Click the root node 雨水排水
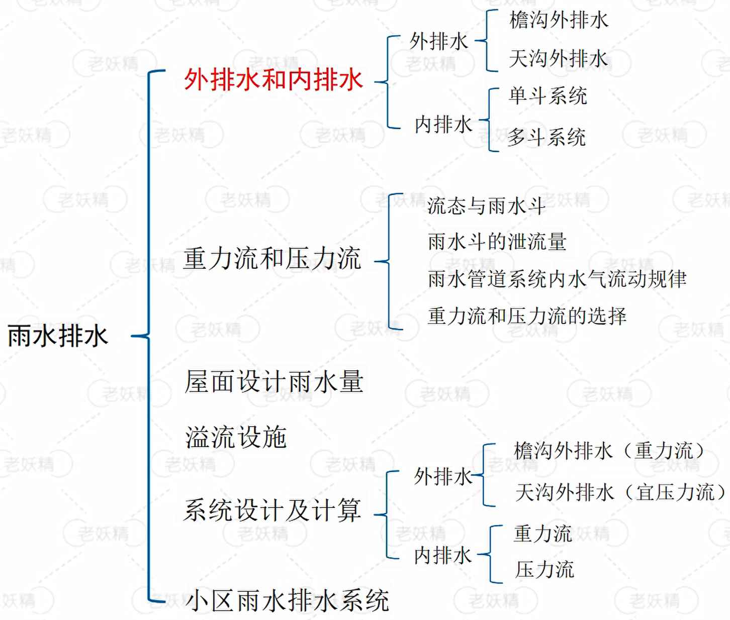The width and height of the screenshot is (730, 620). pyautogui.click(x=58, y=336)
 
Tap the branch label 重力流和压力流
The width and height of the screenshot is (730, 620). pyautogui.click(x=272, y=259)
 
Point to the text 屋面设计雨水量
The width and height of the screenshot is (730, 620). pyautogui.click(x=274, y=382)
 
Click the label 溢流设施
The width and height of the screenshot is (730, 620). pyautogui.click(x=236, y=437)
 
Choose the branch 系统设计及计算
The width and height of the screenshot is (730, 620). pyautogui.click(x=272, y=510)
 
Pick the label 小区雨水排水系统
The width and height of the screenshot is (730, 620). pyautogui.click(x=287, y=600)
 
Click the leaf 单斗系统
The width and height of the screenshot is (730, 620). pyautogui.click(x=547, y=96)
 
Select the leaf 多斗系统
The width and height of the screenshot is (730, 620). pyautogui.click(x=546, y=137)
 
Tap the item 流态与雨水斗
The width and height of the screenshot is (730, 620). pyautogui.click(x=486, y=205)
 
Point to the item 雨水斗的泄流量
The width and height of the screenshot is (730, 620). pyautogui.click(x=497, y=242)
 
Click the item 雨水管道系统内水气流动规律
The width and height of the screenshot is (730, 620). pyautogui.click(x=557, y=279)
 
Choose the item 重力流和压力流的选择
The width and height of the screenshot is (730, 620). pyautogui.click(x=527, y=316)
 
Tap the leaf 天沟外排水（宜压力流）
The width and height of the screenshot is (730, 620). pyautogui.click(x=621, y=492)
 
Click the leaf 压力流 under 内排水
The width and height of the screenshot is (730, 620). pyautogui.click(x=544, y=570)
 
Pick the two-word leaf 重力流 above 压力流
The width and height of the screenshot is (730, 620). pyautogui.click(x=543, y=534)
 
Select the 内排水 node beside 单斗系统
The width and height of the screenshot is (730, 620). pyautogui.click(x=443, y=125)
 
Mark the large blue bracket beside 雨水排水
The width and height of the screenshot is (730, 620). pyautogui.click(x=149, y=336)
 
